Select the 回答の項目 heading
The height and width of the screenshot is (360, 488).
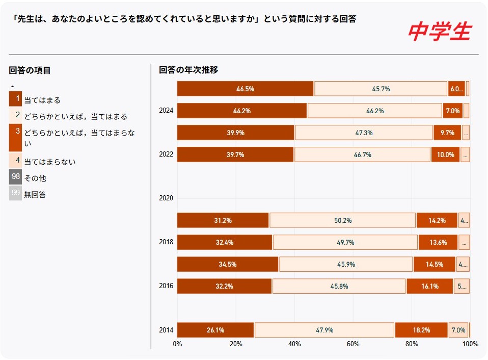click(x=30, y=70)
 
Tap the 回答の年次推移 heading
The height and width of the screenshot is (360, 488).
click(x=188, y=70)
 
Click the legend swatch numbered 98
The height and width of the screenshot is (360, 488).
click(x=15, y=177)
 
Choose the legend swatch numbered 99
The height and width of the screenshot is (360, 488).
click(x=15, y=193)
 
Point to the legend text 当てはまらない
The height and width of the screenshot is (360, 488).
click(x=50, y=162)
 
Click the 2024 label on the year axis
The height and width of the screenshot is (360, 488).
click(x=166, y=111)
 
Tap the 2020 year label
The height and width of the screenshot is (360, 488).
click(x=166, y=198)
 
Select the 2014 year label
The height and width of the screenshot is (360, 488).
click(x=166, y=330)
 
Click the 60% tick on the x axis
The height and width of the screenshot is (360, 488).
click(x=353, y=344)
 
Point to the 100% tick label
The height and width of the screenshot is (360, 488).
click(x=470, y=344)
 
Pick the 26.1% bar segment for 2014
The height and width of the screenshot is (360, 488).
click(x=215, y=330)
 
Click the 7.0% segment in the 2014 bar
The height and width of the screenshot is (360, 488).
click(x=458, y=330)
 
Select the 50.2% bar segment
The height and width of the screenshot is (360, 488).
click(x=342, y=220)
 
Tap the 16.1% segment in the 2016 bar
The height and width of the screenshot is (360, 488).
click(x=430, y=286)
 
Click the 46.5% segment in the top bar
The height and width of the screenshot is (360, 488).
click(x=245, y=89)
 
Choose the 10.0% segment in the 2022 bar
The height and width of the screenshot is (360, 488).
click(x=445, y=155)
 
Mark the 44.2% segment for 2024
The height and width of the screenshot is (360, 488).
click(x=242, y=111)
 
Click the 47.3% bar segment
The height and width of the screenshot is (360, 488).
click(x=364, y=133)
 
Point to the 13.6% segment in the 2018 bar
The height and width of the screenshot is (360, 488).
click(x=438, y=242)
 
